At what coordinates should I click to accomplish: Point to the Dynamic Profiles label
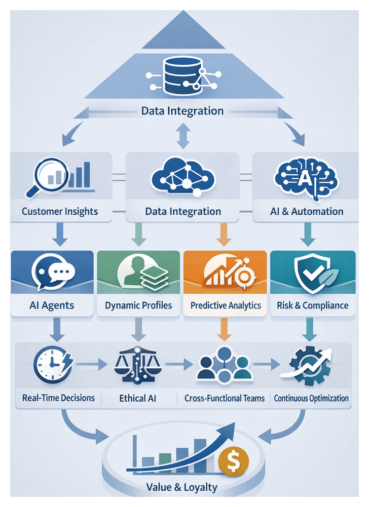click(x=138, y=305)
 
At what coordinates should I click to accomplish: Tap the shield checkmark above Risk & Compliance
click(x=309, y=274)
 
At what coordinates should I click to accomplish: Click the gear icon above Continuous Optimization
click(x=306, y=366)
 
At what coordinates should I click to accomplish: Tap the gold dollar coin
click(x=234, y=461)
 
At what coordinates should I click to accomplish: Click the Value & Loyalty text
click(x=181, y=488)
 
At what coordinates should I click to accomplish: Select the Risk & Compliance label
click(x=312, y=305)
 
